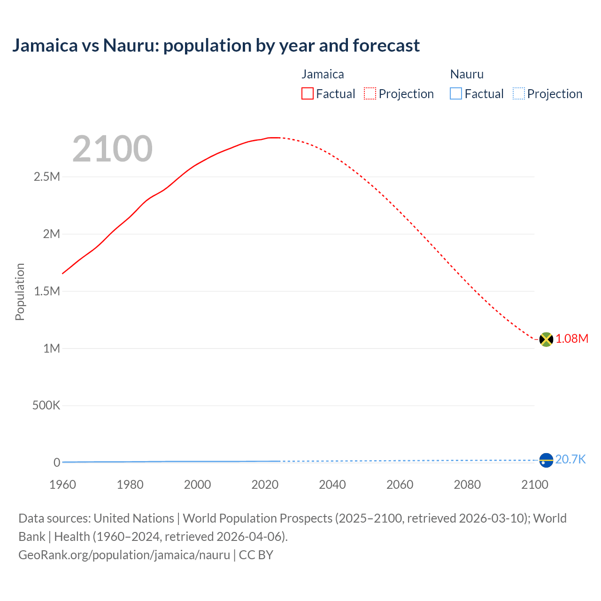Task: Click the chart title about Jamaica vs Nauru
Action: [x=216, y=46]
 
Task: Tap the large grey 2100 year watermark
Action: [x=112, y=149]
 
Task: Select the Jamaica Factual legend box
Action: [x=308, y=94]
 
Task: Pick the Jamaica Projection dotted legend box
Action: [x=370, y=94]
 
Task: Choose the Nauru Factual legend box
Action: [x=456, y=94]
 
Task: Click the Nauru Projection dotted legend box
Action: [x=518, y=94]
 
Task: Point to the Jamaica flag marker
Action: [x=546, y=339]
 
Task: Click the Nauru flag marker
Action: [x=546, y=460]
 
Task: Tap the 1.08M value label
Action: [x=572, y=339]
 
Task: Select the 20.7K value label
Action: [x=570, y=460]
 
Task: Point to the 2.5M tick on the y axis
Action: [x=47, y=177]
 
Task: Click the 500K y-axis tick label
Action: [x=46, y=406]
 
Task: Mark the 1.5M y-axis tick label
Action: [x=47, y=292]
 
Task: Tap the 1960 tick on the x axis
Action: [x=62, y=485]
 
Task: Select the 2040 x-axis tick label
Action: [x=332, y=485]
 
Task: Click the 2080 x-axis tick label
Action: [x=467, y=485]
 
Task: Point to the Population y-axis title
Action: [x=20, y=292]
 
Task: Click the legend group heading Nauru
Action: [x=467, y=74]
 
